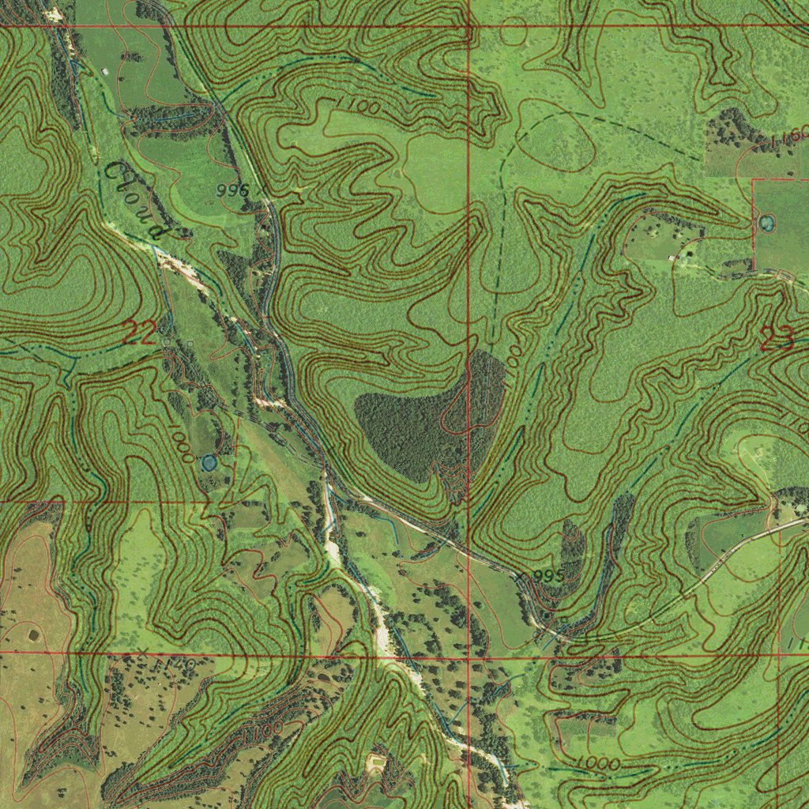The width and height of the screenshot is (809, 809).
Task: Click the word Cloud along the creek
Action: [135, 200]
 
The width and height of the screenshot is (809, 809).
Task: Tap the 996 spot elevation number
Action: [231, 190]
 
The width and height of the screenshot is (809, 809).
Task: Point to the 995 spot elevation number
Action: [548, 576]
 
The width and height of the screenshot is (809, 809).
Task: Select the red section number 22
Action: [139, 333]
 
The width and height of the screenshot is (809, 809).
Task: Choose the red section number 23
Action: [777, 339]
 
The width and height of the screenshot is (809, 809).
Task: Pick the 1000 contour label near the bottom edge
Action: [597, 763]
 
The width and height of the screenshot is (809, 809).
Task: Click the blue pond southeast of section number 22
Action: [209, 462]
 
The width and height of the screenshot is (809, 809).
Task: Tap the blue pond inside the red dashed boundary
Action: [766, 224]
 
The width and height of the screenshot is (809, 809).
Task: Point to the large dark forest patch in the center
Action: [427, 419]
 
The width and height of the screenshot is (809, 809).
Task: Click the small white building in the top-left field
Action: [105, 72]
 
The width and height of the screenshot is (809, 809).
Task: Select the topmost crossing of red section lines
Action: [469, 26]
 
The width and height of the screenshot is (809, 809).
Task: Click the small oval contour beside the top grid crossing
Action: [514, 34]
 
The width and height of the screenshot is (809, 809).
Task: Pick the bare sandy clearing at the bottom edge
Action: [374, 762]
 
